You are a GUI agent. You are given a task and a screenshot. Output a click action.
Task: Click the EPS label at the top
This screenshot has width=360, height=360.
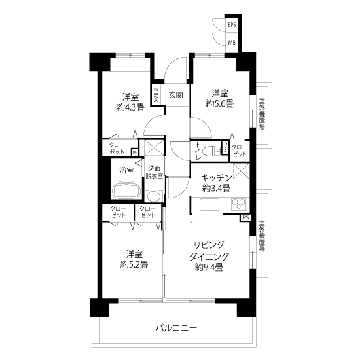[x=232, y=25]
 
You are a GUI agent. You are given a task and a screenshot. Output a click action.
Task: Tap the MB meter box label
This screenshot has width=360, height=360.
[x=232, y=43]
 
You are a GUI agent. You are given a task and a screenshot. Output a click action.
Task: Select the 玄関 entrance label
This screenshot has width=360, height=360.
[x=176, y=95]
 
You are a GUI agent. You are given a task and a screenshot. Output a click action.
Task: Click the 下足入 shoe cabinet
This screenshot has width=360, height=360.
[x=156, y=96]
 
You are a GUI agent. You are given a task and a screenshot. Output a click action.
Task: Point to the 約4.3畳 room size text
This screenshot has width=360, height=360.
[x=130, y=107]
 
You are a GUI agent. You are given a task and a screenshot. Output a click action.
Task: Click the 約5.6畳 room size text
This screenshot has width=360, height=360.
[x=220, y=104]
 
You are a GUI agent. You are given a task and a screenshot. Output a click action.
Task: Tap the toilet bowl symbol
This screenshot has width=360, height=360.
[x=215, y=151]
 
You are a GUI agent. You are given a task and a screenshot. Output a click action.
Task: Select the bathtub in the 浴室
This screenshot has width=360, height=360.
[x=126, y=190]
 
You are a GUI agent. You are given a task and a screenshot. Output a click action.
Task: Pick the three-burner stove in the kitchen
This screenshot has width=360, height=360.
[x=239, y=204]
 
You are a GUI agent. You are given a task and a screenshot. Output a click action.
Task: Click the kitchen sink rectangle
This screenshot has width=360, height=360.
[x=209, y=204]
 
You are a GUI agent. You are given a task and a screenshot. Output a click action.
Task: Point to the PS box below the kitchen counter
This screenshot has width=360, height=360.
[x=245, y=217]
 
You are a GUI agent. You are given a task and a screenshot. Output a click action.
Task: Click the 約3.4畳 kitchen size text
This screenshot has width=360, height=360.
[x=216, y=189]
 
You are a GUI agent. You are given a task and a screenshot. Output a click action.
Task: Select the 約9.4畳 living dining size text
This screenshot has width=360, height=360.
[x=209, y=267]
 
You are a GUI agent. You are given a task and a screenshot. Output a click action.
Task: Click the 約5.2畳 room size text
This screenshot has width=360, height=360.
[x=134, y=265]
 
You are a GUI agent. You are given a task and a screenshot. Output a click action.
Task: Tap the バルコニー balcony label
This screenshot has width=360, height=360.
[x=176, y=328]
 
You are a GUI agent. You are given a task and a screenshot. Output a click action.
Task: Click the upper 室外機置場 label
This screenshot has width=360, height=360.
[x=262, y=114]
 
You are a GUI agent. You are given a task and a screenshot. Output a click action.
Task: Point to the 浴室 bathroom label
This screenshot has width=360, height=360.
[x=126, y=170]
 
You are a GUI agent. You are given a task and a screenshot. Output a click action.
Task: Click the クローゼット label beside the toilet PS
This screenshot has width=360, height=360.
[x=240, y=151]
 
